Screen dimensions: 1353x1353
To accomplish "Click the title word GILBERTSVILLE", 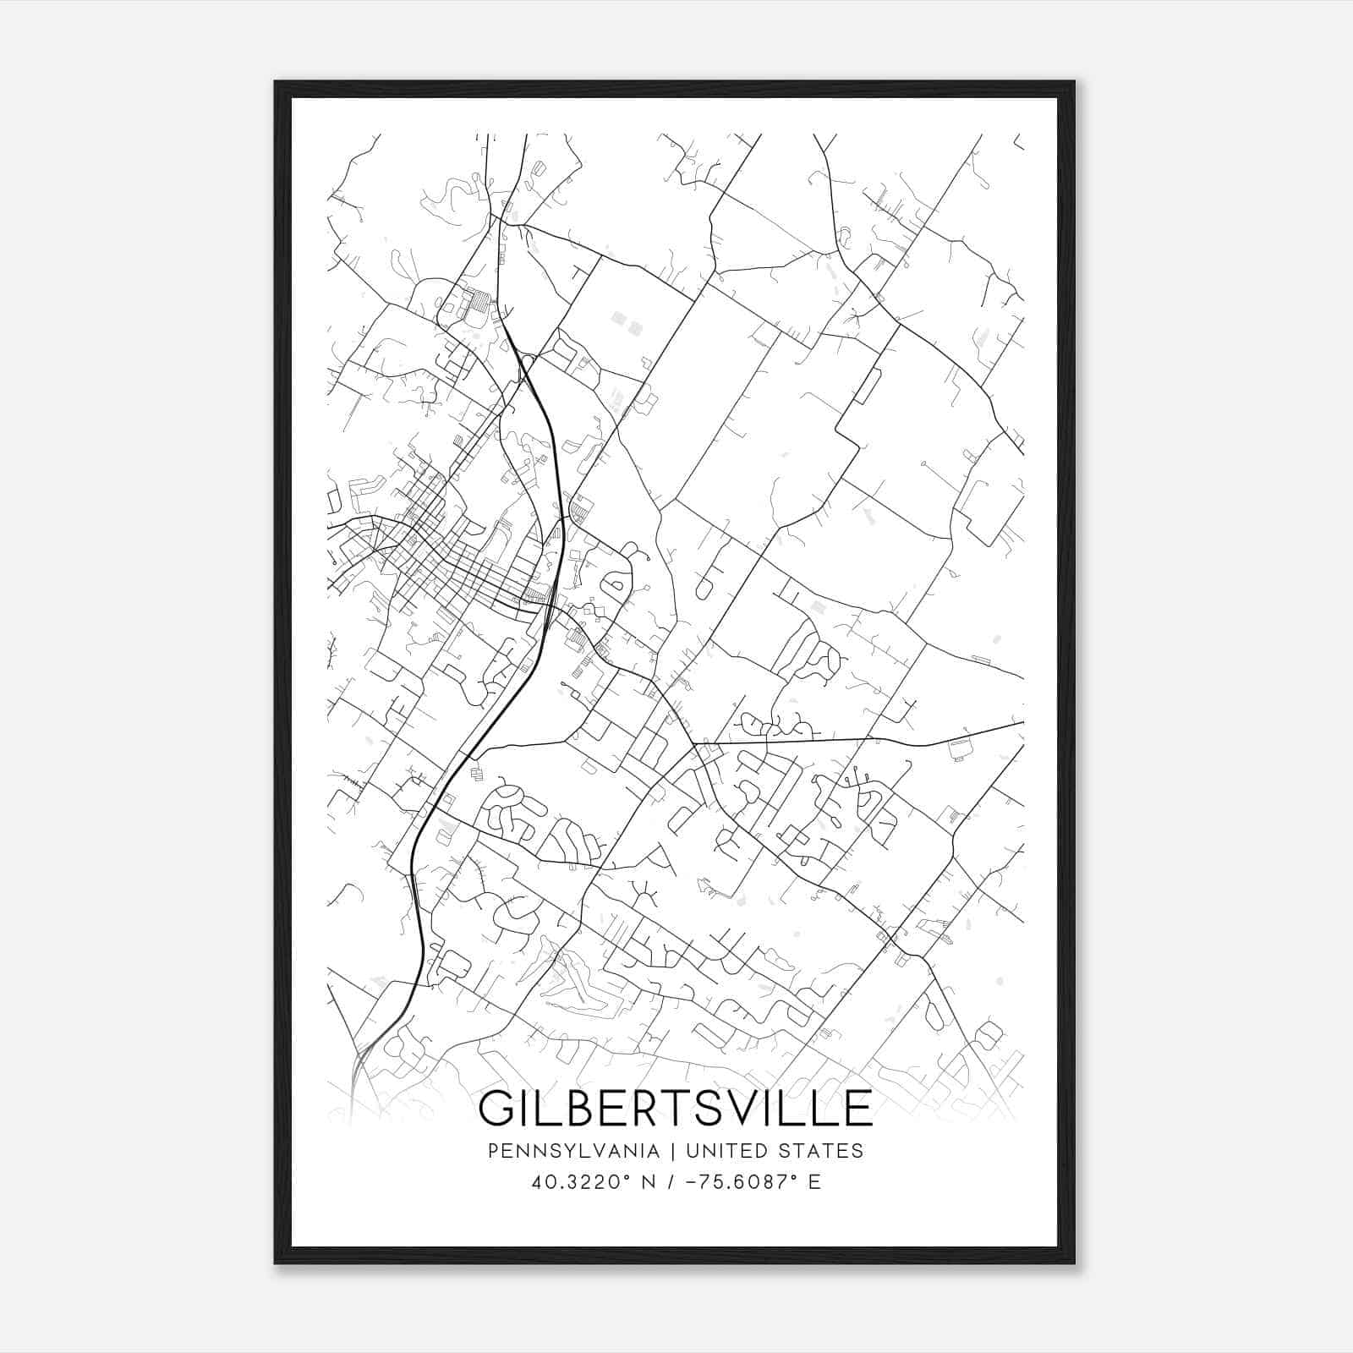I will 675,1109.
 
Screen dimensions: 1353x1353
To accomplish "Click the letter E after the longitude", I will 814,1182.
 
